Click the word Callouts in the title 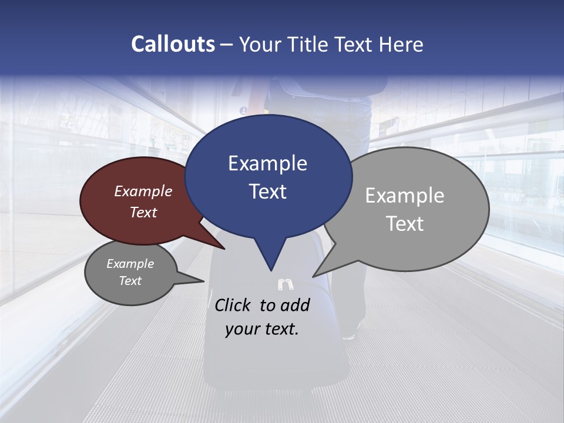(x=173, y=44)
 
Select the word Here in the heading (x=401, y=44)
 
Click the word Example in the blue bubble (x=267, y=163)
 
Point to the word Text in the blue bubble (x=267, y=192)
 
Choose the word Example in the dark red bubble (x=143, y=191)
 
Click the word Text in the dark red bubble (x=143, y=212)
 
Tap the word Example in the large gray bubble (x=405, y=195)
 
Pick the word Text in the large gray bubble (x=405, y=223)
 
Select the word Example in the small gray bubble (x=130, y=264)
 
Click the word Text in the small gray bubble (x=130, y=281)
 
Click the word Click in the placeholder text (x=234, y=305)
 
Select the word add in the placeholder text (x=295, y=305)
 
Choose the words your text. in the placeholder (x=262, y=329)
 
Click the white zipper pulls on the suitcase (x=286, y=285)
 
